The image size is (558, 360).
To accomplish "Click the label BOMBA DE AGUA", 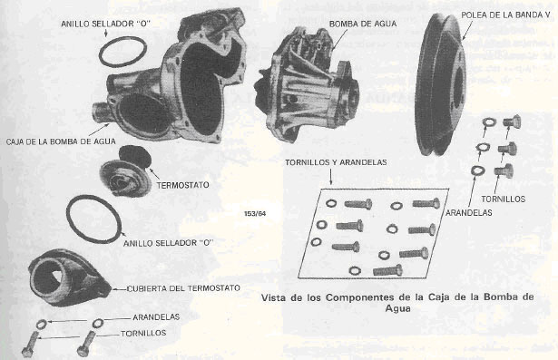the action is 363,24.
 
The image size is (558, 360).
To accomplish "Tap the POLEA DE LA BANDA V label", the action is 505,15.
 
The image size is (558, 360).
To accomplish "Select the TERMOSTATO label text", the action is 182,185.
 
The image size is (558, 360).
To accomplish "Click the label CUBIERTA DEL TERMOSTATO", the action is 183,287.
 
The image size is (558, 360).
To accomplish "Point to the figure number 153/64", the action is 255,214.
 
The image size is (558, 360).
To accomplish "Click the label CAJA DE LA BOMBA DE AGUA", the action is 61,141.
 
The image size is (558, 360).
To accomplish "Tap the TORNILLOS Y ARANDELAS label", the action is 336,162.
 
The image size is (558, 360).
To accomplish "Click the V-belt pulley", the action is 441,85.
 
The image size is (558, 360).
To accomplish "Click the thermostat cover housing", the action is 69,278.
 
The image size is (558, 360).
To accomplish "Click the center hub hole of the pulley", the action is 458,85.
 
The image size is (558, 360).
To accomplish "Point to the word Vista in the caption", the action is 274,297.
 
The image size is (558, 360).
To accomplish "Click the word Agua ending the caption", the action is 398,308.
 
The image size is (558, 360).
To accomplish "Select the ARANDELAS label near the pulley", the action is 469,213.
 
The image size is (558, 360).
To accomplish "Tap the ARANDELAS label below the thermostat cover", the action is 156,317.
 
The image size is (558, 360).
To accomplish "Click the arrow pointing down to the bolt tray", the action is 331,177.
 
